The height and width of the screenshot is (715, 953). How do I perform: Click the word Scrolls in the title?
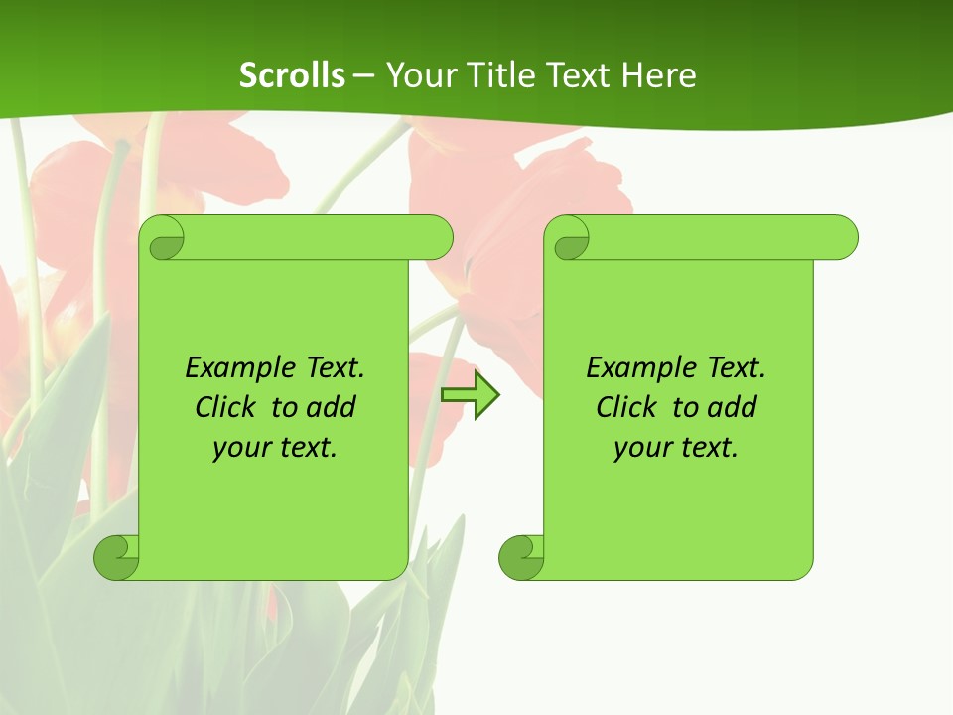pyautogui.click(x=292, y=74)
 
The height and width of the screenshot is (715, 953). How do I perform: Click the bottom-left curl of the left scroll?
pyautogui.click(x=117, y=557)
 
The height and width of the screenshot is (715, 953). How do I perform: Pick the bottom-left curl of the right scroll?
pyautogui.click(x=522, y=557)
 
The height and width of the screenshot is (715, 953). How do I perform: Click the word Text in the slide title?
pyautogui.click(x=580, y=74)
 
